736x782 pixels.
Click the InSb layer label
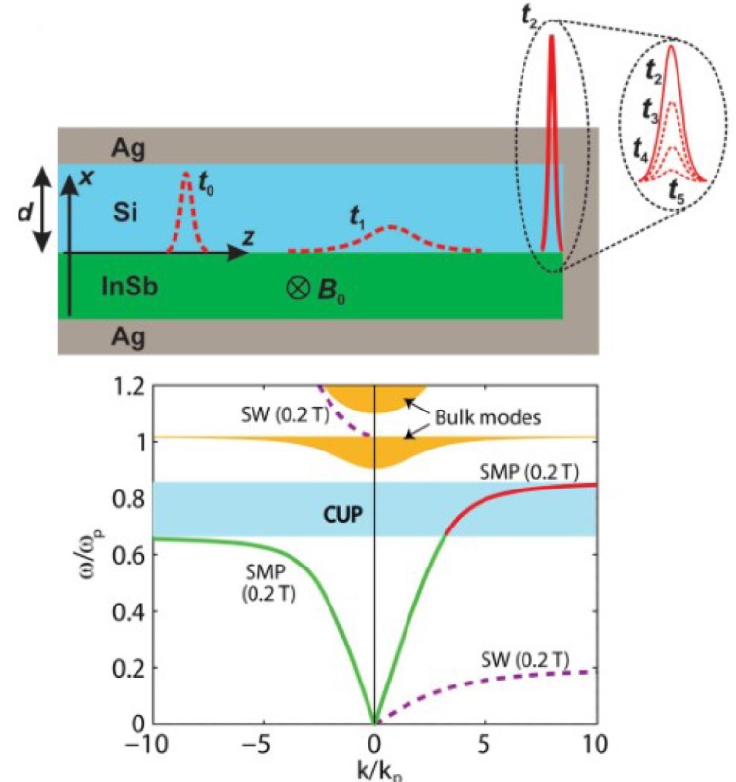[131, 287]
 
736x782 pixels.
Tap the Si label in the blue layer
[125, 213]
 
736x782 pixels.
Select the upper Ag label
[128, 148]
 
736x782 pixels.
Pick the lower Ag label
[128, 337]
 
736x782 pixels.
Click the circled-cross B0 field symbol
[297, 289]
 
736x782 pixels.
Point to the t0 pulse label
[206, 183]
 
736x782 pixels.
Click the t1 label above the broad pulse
[358, 217]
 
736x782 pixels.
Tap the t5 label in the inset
[677, 192]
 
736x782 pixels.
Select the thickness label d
[24, 212]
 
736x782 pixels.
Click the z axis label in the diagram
[249, 237]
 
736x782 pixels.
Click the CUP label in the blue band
[342, 514]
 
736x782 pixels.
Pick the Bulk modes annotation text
[487, 417]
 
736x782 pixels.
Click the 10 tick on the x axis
[595, 745]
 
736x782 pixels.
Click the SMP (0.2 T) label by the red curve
[529, 472]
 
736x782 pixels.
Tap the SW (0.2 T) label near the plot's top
[285, 415]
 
